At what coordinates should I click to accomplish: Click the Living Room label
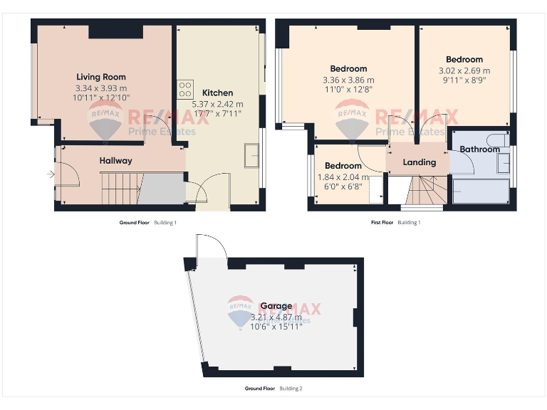100,77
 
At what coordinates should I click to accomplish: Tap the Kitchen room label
217,93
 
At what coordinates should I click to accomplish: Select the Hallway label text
115,161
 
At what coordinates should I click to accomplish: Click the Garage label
276,306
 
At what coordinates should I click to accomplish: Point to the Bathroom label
479,149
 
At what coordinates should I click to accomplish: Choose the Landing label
419,162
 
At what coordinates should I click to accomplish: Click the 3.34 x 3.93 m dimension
100,88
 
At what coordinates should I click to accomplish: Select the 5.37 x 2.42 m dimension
217,104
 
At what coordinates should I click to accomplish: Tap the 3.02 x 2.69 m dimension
464,70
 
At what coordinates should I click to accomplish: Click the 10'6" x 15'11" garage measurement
276,327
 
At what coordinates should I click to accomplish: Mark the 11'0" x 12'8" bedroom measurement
348,90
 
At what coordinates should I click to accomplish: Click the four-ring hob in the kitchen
185,89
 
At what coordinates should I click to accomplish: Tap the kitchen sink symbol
251,155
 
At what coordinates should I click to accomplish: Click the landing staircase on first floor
424,190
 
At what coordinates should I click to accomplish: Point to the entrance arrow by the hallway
51,174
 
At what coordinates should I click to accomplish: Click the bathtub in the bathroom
481,192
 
